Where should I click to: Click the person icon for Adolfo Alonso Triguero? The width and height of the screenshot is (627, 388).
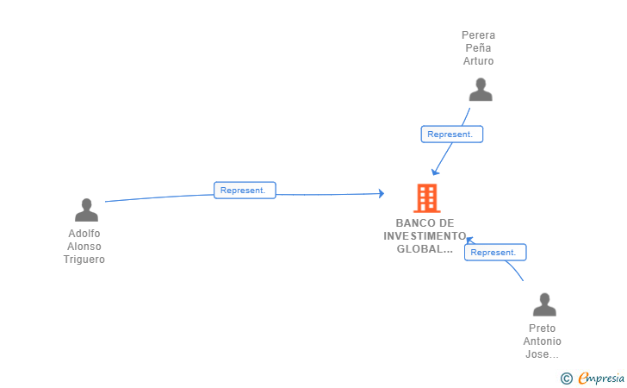point(86,210)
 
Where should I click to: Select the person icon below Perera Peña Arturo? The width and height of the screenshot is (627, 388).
point(481,90)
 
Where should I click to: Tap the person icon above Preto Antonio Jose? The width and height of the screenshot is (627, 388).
point(544,304)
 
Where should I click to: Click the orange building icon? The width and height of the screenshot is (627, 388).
point(427,197)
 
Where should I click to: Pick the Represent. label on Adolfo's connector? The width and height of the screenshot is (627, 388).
point(245,191)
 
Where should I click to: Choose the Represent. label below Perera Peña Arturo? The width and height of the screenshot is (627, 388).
point(452,135)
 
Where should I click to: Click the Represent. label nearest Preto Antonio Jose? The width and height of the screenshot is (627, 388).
point(495,253)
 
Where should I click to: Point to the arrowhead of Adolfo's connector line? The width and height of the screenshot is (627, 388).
point(382,194)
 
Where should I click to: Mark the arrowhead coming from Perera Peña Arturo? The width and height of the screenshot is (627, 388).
point(435,172)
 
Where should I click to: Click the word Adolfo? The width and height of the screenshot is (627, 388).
point(84,234)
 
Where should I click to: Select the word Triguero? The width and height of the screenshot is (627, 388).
point(84,260)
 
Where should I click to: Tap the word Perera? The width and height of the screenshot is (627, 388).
point(478,35)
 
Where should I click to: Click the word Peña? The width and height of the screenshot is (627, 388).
point(478,48)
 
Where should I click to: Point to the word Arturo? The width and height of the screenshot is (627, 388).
point(478,61)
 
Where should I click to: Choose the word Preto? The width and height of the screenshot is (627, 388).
point(543,329)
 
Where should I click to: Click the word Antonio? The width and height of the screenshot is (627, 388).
point(543,341)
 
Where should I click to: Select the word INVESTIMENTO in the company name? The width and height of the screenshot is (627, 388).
point(425,236)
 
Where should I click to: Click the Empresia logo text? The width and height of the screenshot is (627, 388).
point(601,378)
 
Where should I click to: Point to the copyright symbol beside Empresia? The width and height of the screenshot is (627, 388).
point(567,379)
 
